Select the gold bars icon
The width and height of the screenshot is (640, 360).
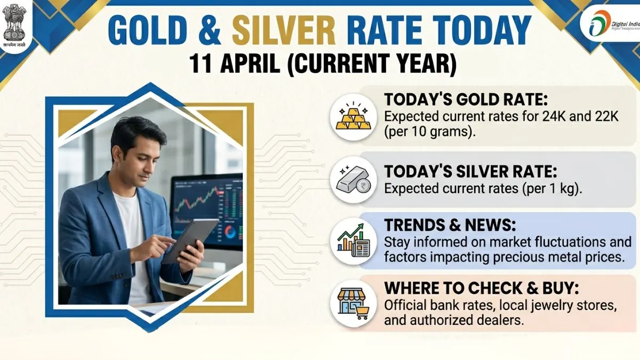click(353, 117)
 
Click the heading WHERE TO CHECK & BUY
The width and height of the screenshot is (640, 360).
click(482, 289)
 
